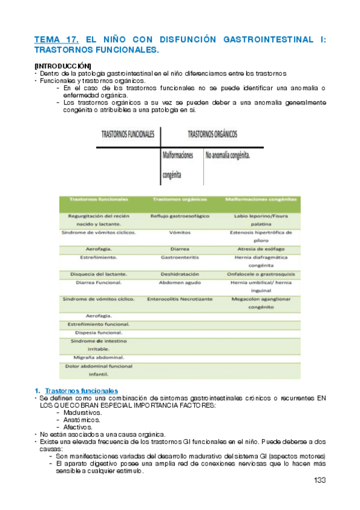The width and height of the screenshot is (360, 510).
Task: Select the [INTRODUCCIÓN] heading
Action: [63, 64]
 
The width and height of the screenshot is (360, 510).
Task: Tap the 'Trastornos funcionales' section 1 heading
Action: [82, 390]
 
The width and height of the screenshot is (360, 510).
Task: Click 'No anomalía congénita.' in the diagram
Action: [228, 155]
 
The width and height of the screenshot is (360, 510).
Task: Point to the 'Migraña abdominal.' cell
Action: [99, 357]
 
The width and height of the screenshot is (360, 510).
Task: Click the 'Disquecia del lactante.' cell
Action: [99, 274]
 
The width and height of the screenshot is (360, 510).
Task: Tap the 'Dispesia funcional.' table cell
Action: [99, 332]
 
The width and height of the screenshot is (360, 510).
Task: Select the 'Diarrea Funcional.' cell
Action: [99, 282]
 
